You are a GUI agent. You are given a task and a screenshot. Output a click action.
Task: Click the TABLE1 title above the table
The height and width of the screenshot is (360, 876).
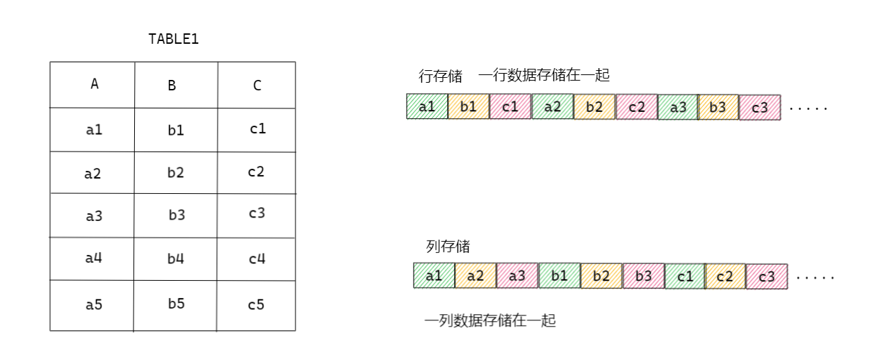coord(174,40)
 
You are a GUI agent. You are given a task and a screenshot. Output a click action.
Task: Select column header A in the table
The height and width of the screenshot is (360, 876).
coord(95,84)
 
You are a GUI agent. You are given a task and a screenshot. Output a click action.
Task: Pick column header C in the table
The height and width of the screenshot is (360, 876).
coord(257,85)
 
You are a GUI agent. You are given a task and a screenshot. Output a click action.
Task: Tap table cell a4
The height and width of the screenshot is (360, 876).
coord(94,258)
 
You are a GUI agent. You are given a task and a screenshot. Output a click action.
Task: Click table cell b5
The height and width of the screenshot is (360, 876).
coord(176,304)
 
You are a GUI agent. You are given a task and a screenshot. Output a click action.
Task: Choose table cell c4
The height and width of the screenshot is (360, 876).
coord(257,259)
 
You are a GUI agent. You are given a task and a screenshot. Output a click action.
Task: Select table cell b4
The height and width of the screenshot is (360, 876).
coord(176,259)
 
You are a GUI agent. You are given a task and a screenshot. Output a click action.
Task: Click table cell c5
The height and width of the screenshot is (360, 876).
coord(257,304)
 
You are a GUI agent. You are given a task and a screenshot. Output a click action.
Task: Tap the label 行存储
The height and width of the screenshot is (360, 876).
coord(440,76)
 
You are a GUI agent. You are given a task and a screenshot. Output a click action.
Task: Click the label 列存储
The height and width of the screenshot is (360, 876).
coord(447,247)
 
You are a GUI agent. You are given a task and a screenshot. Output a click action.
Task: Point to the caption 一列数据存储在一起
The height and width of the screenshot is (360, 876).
coord(490,321)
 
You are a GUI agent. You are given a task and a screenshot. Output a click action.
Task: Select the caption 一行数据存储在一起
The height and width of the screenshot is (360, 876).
coord(544,75)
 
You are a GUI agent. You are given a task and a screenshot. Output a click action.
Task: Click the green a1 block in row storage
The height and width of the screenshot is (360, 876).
coord(427,107)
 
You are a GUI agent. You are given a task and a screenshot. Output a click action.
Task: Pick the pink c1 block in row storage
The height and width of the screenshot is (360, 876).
coord(510,107)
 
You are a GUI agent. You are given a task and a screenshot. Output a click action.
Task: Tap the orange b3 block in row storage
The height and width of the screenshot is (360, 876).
coord(718,107)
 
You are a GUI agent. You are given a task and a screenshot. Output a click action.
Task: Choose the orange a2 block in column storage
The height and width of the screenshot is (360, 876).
coord(476,276)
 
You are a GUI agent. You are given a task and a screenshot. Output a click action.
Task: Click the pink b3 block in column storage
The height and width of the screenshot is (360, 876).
coord(643,276)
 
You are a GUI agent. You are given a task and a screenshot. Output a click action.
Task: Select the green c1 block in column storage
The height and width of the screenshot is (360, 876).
coord(685,276)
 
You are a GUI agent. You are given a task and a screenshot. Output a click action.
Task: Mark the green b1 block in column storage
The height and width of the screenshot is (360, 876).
coord(559,276)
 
